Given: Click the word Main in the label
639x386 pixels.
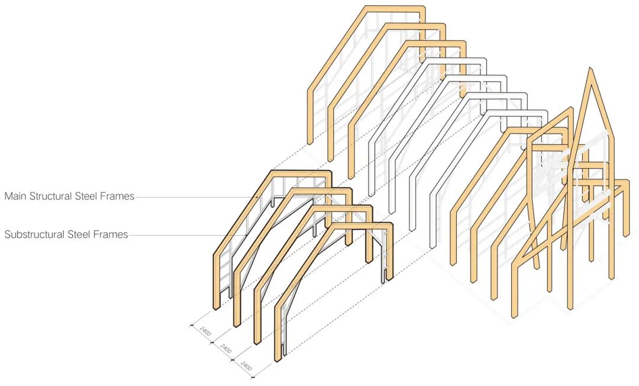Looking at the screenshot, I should tap(16, 197).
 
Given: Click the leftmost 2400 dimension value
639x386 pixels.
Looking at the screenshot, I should tap(205, 332).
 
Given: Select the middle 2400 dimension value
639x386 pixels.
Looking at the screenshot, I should tap(226, 349).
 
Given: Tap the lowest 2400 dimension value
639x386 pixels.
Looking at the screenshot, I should tap(247, 367).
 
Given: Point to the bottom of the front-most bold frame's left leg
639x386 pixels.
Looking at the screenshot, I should tap(277, 358).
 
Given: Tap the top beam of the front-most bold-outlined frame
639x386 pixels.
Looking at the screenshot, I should tap(361, 226).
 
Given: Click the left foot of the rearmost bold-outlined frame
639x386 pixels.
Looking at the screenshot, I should tap(217, 305).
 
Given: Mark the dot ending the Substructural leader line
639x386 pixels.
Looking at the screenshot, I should tap(246, 235).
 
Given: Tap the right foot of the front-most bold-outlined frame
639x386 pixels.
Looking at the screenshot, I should tap(390, 278).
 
